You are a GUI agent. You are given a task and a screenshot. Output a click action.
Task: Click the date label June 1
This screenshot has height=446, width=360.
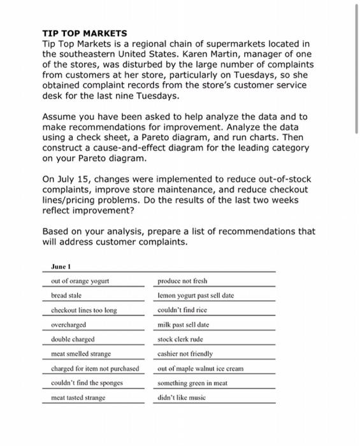(60, 267)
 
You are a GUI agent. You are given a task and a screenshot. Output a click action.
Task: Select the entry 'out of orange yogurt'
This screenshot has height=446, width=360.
(80, 281)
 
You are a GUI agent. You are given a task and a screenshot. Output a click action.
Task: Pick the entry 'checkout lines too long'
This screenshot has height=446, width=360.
(84, 310)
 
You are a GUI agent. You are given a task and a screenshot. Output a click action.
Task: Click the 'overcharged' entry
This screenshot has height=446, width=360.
(69, 324)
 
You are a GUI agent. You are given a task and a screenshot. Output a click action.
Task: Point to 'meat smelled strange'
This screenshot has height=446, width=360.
(81, 354)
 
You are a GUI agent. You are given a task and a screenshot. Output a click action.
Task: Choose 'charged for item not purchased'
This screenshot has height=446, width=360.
(95, 368)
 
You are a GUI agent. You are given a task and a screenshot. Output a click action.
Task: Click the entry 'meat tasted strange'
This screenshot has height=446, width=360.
(79, 398)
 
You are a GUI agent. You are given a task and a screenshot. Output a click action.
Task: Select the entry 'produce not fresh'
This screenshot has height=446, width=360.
(182, 281)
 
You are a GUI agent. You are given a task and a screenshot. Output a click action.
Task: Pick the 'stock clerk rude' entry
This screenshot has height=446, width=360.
(181, 339)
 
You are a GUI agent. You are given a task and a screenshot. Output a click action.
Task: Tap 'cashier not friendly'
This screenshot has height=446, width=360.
(185, 354)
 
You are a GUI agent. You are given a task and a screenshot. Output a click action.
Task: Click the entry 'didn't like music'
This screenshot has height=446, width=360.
(181, 398)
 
